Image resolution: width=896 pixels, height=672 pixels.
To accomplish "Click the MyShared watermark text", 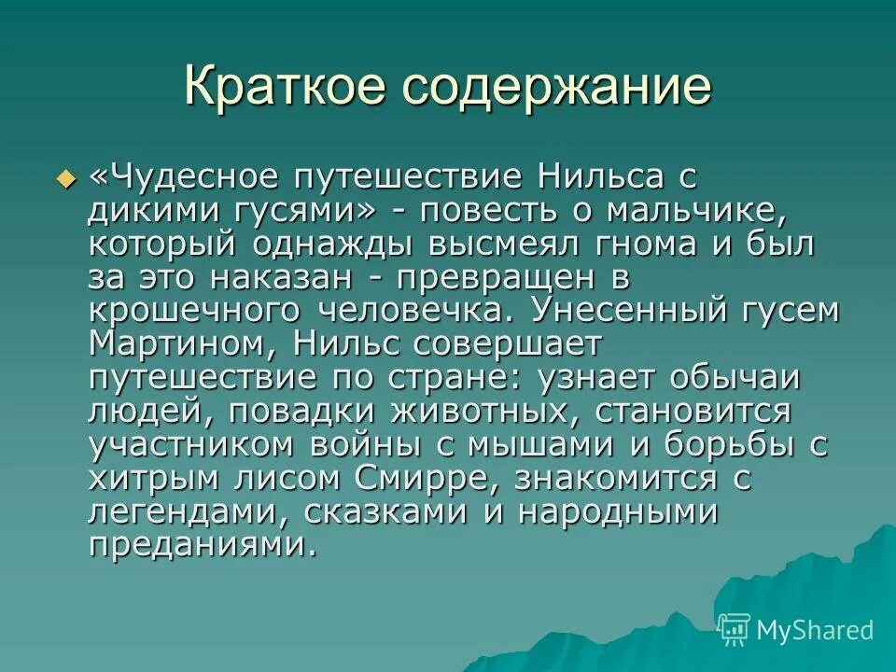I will pyautogui.click(x=814, y=630).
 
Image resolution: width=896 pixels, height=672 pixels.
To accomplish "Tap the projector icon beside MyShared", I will pyautogui.click(x=735, y=628).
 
